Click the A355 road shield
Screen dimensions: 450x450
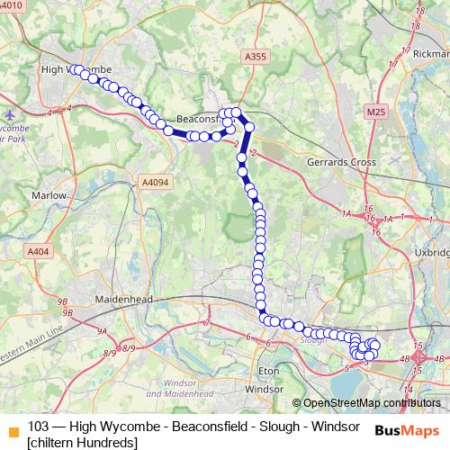pos(256,57)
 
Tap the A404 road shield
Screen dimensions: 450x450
pos(39,252)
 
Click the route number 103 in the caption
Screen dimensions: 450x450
pos(39,426)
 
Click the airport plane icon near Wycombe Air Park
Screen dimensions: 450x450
pos(10,114)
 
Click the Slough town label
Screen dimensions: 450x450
pos(312,341)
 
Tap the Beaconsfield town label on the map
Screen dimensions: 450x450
pos(198,119)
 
